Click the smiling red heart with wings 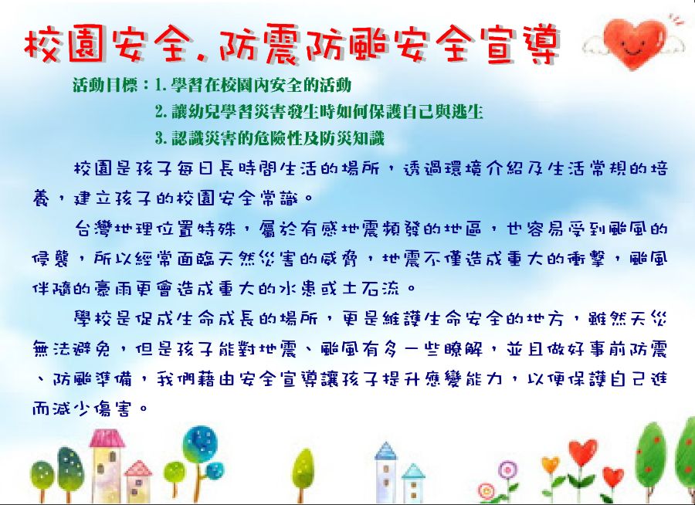click(x=634, y=42)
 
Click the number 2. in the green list click(x=161, y=112)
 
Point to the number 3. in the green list click(x=161, y=139)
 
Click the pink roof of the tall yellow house click(x=107, y=438)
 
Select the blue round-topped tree click(x=200, y=444)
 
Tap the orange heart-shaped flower click(x=551, y=465)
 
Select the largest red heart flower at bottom click(x=582, y=452)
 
